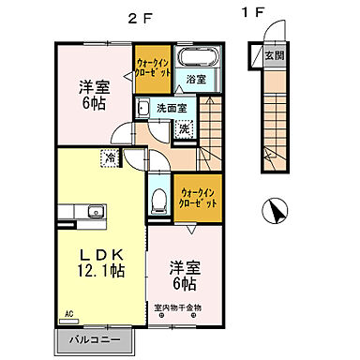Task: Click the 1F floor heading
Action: pyautogui.click(x=252, y=13)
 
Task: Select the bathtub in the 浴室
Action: pyautogui.click(x=198, y=57)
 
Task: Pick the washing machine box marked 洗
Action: pyautogui.click(x=186, y=128)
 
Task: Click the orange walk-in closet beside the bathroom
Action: pyautogui.click(x=153, y=68)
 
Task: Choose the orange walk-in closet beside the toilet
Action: pyautogui.click(x=198, y=198)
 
